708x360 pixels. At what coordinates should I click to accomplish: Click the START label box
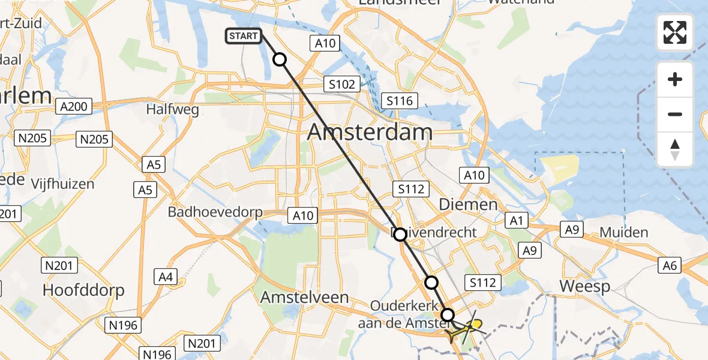click(x=244, y=36)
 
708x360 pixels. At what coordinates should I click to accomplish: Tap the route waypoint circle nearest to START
click(x=280, y=59)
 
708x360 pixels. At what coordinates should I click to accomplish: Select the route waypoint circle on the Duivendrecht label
click(x=400, y=235)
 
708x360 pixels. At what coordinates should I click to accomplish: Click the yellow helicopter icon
click(x=465, y=328)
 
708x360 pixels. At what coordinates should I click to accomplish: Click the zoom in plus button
click(x=675, y=80)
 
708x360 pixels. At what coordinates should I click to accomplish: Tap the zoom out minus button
click(x=675, y=114)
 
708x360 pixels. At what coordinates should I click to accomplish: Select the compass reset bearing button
click(x=675, y=149)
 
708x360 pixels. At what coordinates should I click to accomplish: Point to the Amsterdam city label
click(x=370, y=133)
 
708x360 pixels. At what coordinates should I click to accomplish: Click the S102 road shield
click(x=342, y=84)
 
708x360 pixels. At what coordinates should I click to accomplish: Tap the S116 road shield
click(x=400, y=101)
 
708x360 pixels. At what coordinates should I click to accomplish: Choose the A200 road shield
click(x=74, y=107)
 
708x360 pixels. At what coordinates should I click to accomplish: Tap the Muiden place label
click(x=623, y=233)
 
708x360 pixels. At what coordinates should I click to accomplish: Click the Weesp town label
click(x=584, y=286)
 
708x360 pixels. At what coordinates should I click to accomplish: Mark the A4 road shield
click(x=166, y=277)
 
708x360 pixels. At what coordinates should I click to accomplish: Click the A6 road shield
click(x=670, y=265)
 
